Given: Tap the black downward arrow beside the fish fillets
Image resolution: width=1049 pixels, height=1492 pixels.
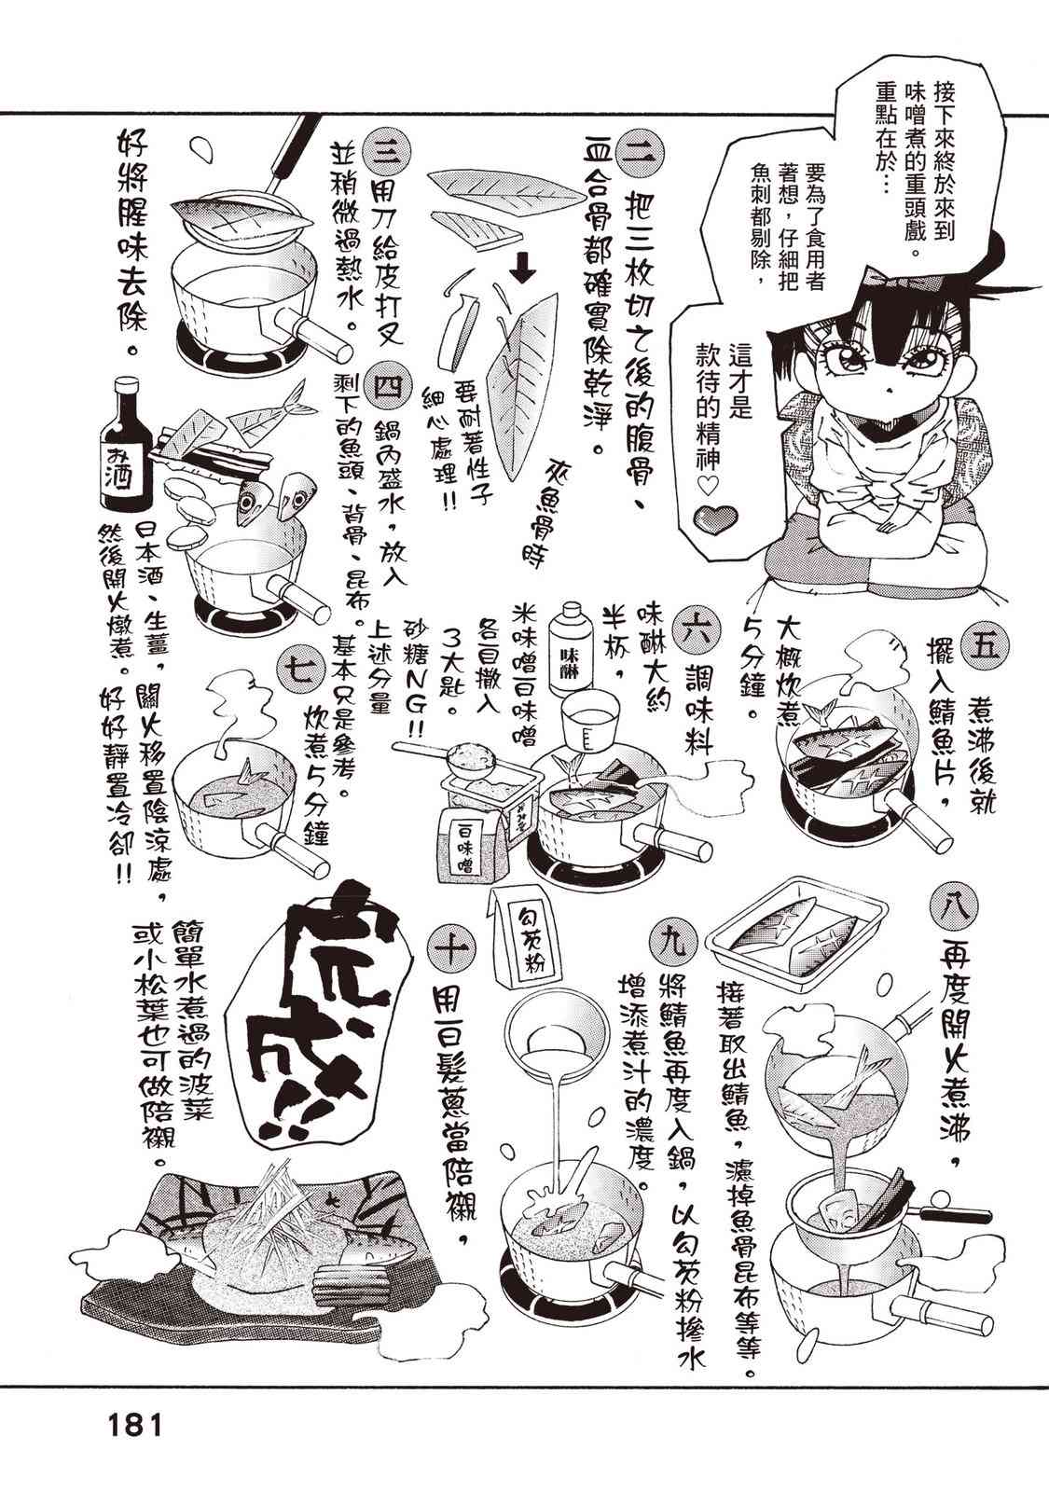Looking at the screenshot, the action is coord(526,270).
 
